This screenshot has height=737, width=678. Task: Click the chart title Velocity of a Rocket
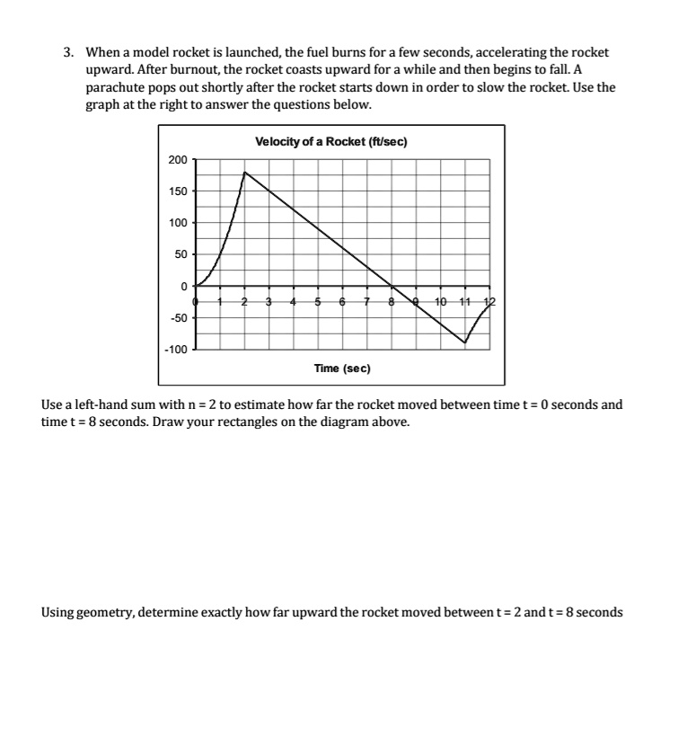[332, 141]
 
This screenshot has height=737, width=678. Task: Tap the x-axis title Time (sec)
[342, 368]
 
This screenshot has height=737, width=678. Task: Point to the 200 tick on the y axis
[178, 160]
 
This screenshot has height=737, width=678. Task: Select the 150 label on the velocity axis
[178, 191]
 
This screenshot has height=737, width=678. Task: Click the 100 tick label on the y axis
[178, 223]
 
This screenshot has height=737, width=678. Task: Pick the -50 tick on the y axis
[178, 317]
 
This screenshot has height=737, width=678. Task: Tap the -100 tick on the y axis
[176, 349]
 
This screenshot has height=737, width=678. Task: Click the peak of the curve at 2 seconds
[244, 172]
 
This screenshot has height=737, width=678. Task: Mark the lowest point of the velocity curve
[465, 343]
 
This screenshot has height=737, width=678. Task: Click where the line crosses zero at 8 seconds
[392, 287]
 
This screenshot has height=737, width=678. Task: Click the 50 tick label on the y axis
[181, 254]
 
